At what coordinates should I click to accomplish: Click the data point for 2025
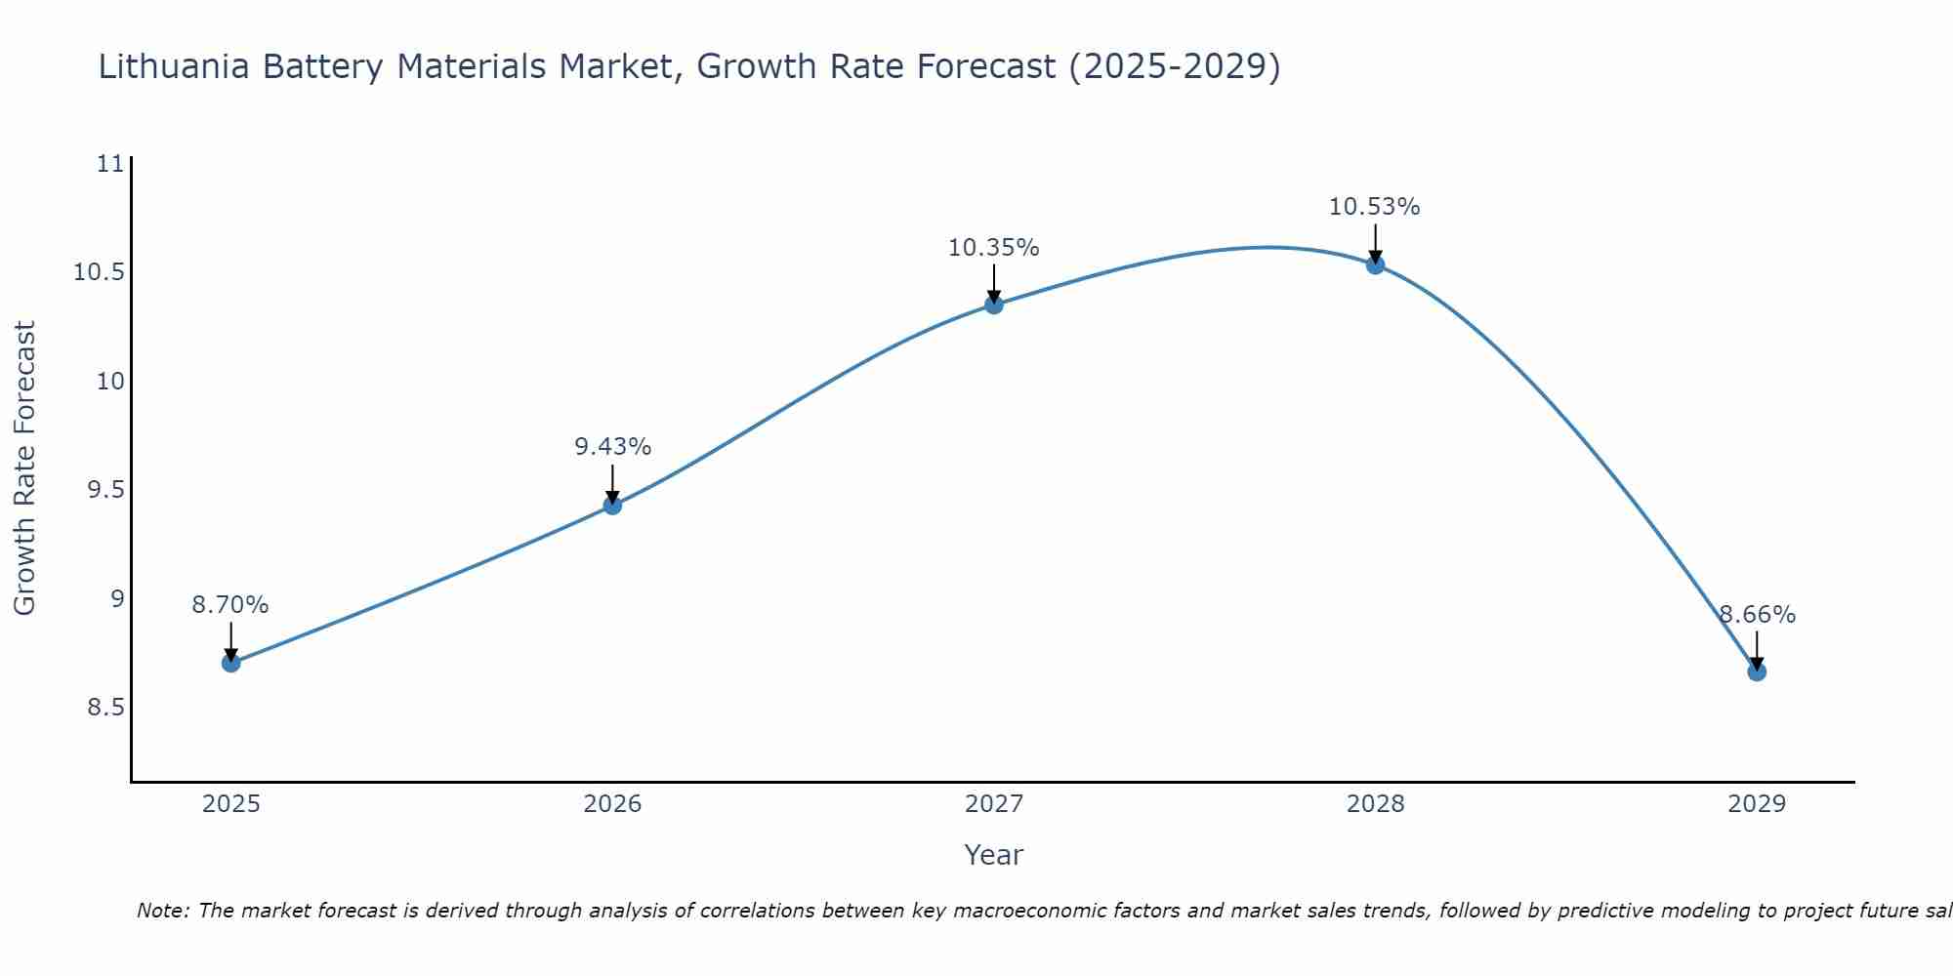pyautogui.click(x=231, y=663)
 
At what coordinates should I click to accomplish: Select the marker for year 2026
pyautogui.click(x=612, y=505)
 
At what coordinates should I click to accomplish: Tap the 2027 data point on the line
pyautogui.click(x=994, y=305)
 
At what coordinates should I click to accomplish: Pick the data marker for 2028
pyautogui.click(x=1375, y=264)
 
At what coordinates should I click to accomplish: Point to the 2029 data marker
pyautogui.click(x=1757, y=671)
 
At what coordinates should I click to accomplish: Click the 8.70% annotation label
pyautogui.click(x=230, y=605)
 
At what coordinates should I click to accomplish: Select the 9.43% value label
pyautogui.click(x=612, y=447)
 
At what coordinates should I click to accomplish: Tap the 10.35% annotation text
pyautogui.click(x=994, y=248)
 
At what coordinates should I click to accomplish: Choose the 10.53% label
pyautogui.click(x=1375, y=207)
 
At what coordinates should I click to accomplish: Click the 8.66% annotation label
pyautogui.click(x=1757, y=615)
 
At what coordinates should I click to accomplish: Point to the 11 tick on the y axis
pyautogui.click(x=111, y=164)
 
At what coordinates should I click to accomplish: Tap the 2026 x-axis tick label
pyautogui.click(x=612, y=804)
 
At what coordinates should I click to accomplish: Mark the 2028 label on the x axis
pyautogui.click(x=1375, y=804)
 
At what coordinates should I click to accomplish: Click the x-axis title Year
pyautogui.click(x=994, y=855)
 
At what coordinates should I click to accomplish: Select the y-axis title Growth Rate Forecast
pyautogui.click(x=25, y=468)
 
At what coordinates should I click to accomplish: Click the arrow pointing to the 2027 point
pyautogui.click(x=994, y=284)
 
